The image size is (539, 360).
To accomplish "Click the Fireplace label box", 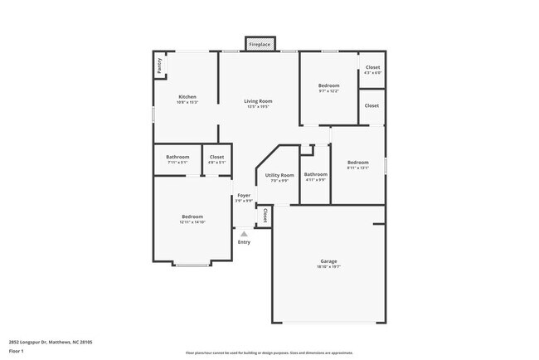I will [x=259, y=44].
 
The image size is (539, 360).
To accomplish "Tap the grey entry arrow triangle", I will [x=244, y=234].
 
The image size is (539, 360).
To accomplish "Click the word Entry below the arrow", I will [x=244, y=242].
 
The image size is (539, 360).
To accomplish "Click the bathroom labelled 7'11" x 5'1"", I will [x=177, y=158].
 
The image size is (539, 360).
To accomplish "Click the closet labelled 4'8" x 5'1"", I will [x=216, y=158].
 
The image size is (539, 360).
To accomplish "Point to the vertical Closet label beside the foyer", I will [x=265, y=216].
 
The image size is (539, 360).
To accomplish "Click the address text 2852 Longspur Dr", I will [x=51, y=341].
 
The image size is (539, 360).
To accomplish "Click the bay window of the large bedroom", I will [x=192, y=265].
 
